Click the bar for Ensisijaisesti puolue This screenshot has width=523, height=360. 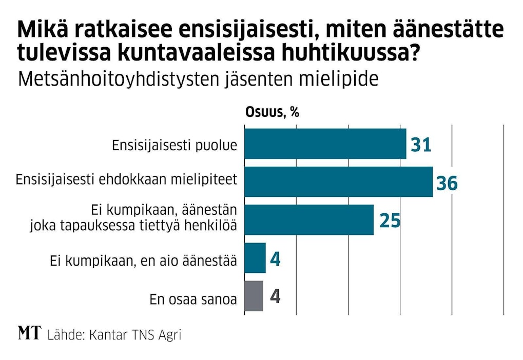(325, 144)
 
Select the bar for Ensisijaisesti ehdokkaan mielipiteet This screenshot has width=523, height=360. (338, 182)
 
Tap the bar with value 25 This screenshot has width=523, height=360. (308, 219)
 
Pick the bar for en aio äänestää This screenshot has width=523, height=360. (255, 258)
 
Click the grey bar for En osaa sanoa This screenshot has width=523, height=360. (254, 296)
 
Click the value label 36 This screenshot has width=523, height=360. (447, 183)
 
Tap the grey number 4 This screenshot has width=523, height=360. (275, 297)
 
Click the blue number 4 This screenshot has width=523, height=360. (275, 259)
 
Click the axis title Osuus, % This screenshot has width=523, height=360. (272, 113)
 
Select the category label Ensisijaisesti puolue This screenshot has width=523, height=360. (174, 145)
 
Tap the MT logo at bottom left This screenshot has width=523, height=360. (29, 333)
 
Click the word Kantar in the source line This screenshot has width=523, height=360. (106, 335)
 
